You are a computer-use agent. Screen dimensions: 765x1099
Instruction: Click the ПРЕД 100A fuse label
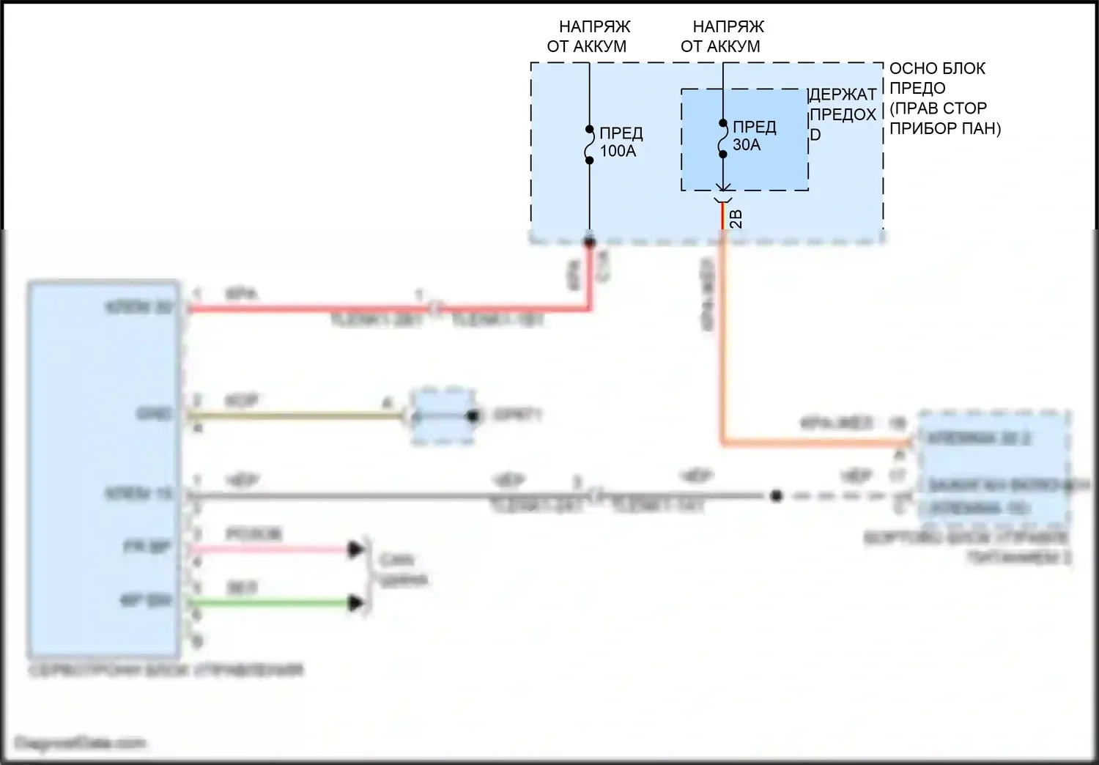(621, 142)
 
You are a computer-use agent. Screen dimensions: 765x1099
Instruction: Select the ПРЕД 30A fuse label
(753, 136)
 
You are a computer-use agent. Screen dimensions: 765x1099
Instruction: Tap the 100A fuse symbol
(589, 145)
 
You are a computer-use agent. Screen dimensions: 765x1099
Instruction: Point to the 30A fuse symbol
(722, 139)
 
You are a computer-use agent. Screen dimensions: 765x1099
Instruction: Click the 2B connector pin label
(736, 218)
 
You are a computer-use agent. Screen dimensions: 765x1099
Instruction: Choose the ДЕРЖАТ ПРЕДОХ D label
(843, 114)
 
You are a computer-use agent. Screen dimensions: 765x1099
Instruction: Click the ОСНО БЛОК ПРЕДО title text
(937, 78)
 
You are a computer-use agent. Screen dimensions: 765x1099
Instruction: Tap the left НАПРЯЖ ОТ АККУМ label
(588, 37)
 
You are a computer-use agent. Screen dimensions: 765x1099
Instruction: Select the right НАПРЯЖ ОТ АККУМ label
(722, 37)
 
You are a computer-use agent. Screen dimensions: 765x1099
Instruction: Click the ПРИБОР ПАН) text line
(945, 128)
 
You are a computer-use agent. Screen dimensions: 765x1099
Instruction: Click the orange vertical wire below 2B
(722, 330)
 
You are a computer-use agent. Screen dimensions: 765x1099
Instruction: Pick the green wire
(271, 603)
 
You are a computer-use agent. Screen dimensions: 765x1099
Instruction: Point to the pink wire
(271, 549)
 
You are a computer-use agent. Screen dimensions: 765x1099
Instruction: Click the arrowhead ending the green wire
(357, 603)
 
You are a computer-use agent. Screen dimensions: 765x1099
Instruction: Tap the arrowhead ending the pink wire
(357, 549)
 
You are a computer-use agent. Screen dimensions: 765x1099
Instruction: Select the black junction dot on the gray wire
(777, 496)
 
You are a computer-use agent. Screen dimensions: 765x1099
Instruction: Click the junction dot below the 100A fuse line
(589, 242)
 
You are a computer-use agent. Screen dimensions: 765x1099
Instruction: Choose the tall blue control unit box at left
(103, 469)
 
